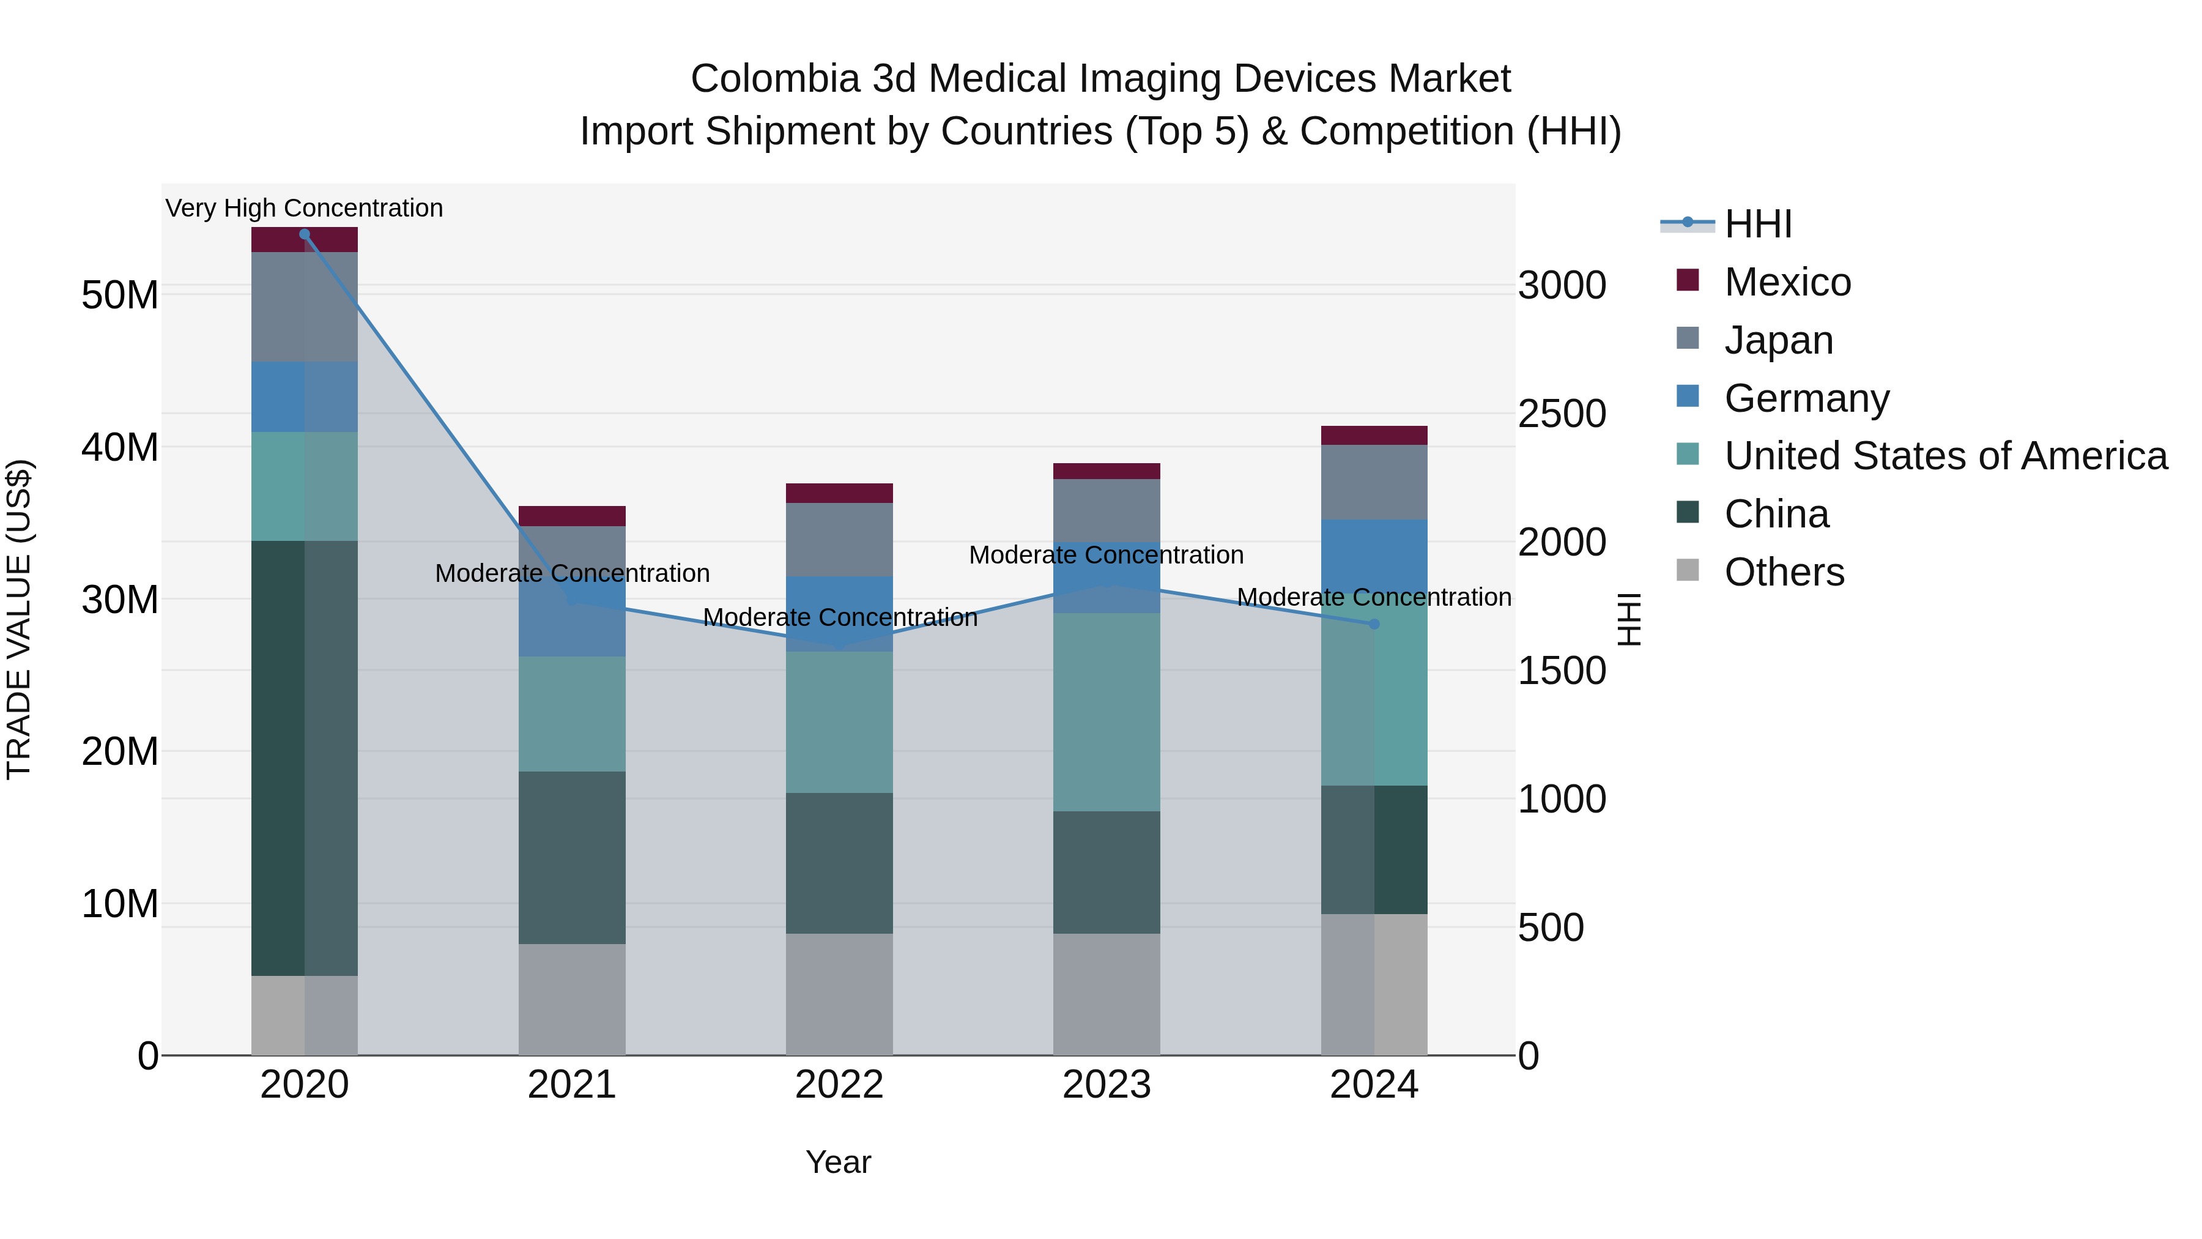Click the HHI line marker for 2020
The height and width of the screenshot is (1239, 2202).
305,234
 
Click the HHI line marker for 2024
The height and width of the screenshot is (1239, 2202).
1374,624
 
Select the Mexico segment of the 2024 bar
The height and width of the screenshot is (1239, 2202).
1374,435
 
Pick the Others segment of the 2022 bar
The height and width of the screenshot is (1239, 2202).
839,994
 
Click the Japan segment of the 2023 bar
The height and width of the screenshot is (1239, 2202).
1106,510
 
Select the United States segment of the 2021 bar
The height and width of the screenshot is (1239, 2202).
572,714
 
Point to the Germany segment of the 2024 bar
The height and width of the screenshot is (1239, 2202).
1374,556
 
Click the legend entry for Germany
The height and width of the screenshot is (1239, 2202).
1806,398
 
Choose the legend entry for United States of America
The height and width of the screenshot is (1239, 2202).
1944,456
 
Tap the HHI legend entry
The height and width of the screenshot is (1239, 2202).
1757,224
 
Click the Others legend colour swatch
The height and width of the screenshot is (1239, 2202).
1688,570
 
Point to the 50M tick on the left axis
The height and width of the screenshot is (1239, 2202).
120,295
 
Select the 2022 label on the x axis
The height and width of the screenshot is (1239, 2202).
839,1085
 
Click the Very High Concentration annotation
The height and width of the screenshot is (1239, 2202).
305,208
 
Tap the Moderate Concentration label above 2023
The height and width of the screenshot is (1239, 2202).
1106,555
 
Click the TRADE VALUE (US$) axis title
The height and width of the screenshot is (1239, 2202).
19,619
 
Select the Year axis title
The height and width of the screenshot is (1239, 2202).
838,1162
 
